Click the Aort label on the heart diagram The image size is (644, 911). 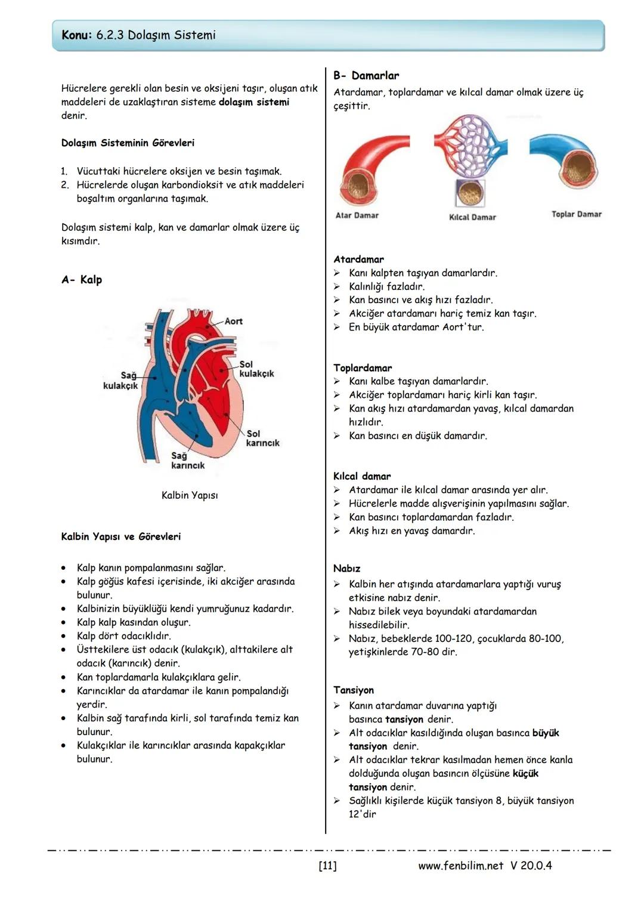tap(233, 321)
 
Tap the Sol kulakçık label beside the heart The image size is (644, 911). tap(256, 369)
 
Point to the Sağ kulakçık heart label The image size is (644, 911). tap(120, 380)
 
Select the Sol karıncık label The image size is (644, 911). tap(262, 438)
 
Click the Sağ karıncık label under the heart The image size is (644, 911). tap(188, 460)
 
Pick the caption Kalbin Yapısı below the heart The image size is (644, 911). tap(190, 495)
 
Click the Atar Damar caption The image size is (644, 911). tap(357, 215)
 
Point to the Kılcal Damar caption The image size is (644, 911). tap(472, 217)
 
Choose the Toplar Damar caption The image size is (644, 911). tap(576, 214)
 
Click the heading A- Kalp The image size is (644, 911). tap(82, 280)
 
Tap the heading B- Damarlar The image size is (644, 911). tap(366, 76)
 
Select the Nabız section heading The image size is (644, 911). tap(346, 569)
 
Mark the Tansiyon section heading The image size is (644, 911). tap(354, 690)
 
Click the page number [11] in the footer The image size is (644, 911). tap(327, 865)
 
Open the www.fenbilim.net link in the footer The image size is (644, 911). tap(460, 865)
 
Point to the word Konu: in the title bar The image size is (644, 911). tap(76, 35)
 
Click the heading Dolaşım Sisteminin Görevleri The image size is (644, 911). tap(128, 143)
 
